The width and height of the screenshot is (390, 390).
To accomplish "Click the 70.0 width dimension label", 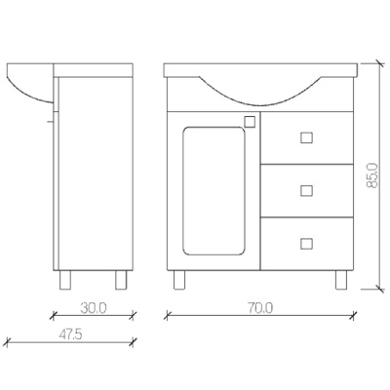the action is coord(260,308).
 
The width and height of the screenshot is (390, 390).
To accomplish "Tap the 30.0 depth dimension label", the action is coord(94,308).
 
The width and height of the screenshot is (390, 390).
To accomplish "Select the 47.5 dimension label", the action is coord(69,334).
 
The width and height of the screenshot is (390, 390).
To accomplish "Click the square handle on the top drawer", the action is coord(306,137).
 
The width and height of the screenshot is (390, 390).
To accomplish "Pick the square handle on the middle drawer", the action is coord(306,190).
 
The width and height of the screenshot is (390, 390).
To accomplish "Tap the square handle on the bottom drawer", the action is coord(306,244).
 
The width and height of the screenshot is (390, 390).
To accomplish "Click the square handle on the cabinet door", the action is coord(250,122).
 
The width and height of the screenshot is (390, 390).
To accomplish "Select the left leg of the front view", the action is coord(179,280).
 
